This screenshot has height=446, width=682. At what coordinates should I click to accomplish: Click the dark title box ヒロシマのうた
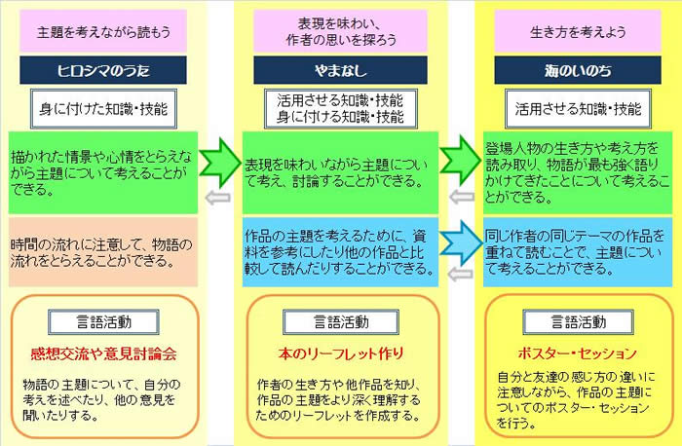click(103, 70)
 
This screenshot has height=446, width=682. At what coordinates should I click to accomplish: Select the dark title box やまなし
click(340, 70)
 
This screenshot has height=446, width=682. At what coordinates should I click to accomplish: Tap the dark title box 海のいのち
click(578, 70)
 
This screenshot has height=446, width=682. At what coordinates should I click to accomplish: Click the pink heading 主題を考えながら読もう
click(103, 32)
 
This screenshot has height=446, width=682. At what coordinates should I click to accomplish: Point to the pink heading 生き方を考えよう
click(578, 32)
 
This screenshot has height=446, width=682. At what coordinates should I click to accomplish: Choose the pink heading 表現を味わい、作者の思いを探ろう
click(340, 32)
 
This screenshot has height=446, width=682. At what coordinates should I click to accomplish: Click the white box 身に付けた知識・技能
click(103, 109)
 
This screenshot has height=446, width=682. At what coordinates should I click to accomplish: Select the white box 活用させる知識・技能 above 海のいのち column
click(578, 109)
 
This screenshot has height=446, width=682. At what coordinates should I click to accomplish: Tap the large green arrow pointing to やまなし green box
click(220, 163)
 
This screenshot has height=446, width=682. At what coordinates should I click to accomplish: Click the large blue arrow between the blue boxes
click(461, 243)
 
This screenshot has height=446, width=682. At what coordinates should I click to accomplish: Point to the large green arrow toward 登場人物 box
click(461, 160)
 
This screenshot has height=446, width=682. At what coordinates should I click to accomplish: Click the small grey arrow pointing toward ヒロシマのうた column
click(217, 198)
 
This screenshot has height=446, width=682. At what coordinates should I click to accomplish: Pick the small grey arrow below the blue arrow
click(460, 274)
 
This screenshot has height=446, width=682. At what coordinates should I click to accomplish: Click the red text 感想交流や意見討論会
click(103, 353)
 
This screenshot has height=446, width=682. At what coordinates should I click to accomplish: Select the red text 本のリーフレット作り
click(341, 353)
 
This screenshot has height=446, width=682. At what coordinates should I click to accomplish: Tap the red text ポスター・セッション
click(578, 353)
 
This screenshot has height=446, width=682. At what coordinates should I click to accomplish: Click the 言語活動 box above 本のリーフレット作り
click(341, 322)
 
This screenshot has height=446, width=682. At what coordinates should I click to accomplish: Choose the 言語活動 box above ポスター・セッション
click(578, 322)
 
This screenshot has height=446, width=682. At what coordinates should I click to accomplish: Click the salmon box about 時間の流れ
click(103, 252)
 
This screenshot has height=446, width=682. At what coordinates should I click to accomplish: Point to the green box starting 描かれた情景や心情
click(103, 172)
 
